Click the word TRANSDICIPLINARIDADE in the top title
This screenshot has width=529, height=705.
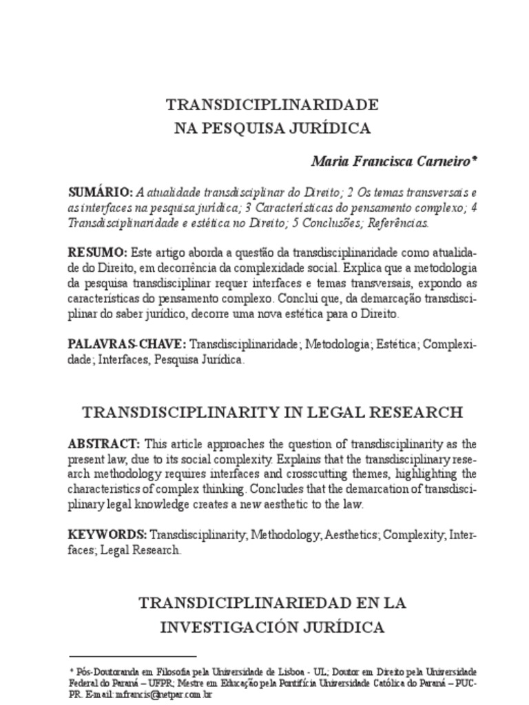(272, 105)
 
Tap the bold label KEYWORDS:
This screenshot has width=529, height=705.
(107, 534)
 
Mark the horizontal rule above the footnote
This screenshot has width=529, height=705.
(133, 656)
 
